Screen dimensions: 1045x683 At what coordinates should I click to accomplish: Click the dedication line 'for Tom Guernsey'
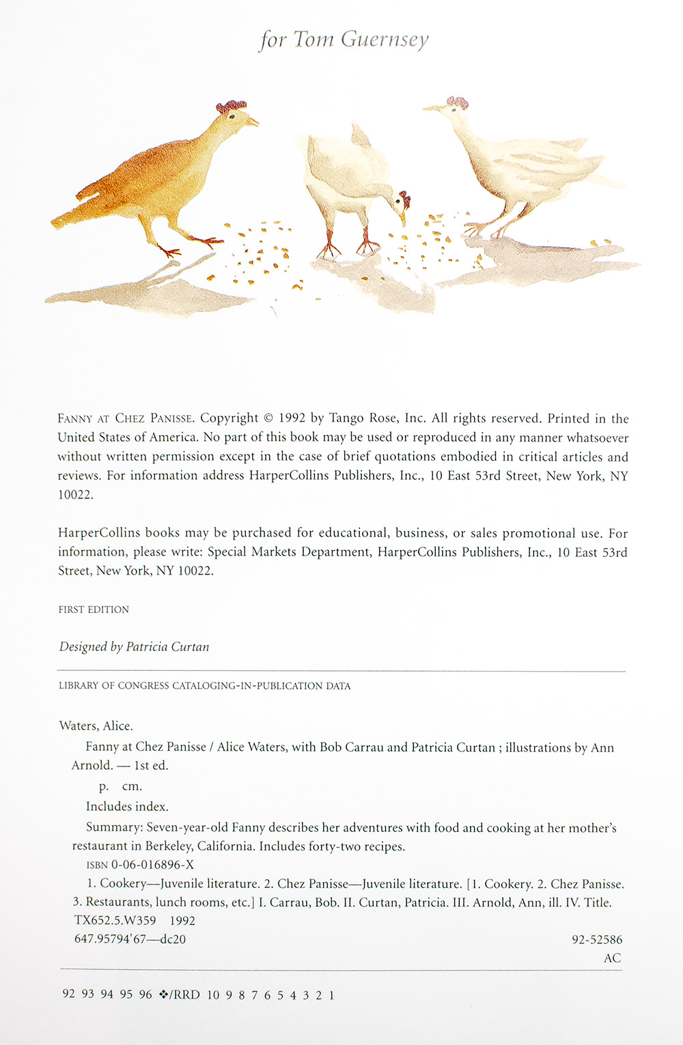click(x=344, y=40)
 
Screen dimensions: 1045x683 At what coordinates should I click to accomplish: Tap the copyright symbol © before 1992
click(x=268, y=418)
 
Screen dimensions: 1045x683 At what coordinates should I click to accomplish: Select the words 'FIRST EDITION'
click(x=94, y=610)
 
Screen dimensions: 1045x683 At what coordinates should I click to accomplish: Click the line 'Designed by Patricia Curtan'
click(x=134, y=646)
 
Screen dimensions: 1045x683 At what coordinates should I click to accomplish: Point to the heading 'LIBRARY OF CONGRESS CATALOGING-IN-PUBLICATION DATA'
click(x=204, y=686)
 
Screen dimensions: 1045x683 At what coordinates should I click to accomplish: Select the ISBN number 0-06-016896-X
click(x=152, y=865)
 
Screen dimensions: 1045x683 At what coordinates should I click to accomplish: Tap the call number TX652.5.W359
click(x=115, y=921)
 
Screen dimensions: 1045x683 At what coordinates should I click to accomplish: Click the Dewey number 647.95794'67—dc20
click(x=130, y=939)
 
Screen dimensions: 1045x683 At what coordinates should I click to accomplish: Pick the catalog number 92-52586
click(x=596, y=940)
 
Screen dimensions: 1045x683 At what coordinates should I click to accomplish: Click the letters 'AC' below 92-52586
click(x=612, y=958)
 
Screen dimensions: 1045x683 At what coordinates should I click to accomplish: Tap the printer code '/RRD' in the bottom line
click(x=186, y=995)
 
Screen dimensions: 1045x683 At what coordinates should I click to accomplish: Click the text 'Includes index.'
click(x=127, y=807)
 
